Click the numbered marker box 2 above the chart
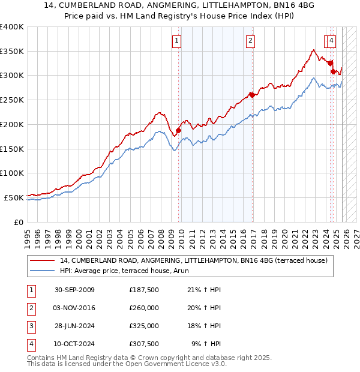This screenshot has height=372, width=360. pos(250,41)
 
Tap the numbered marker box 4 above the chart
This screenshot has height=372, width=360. pos(332,41)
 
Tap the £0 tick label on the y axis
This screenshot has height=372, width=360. pos(19,221)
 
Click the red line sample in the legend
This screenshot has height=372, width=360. pos(42,260)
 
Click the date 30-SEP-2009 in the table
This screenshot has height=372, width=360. pos(74,290)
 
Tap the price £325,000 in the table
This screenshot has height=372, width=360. pos(143,326)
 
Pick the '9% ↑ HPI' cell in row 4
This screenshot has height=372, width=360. pos(206,344)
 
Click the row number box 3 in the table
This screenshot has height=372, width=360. pos(31,326)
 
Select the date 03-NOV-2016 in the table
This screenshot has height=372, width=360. pos(74,308)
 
